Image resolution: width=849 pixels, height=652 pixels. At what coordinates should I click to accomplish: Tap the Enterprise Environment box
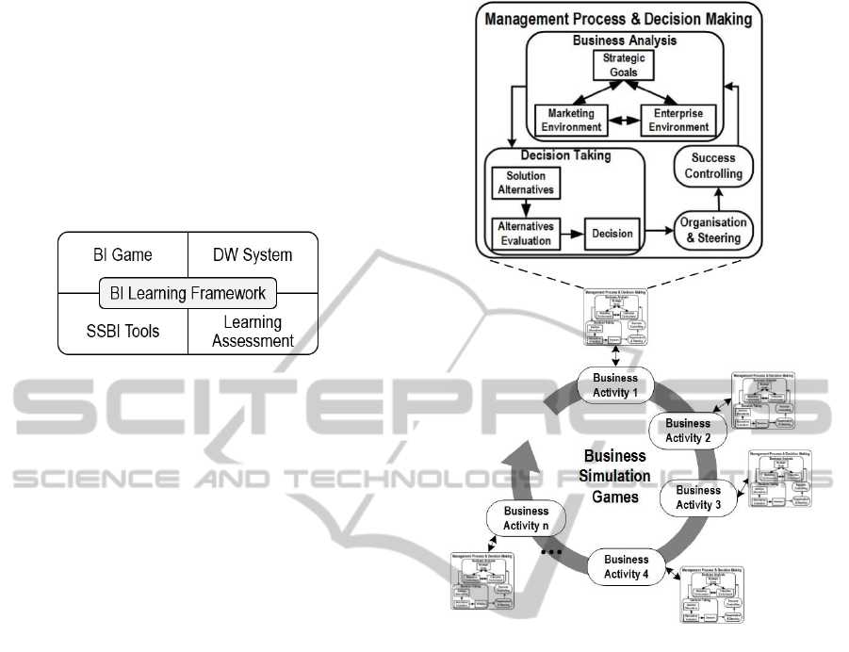676,120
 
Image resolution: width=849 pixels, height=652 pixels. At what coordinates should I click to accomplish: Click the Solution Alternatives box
526,184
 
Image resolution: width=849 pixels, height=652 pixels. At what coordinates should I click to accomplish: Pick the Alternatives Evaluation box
526,232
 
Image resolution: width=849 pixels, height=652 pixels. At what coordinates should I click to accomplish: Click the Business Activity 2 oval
688,431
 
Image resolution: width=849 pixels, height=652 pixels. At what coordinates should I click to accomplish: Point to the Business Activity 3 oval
698,497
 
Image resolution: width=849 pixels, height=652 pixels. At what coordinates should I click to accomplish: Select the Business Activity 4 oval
627,565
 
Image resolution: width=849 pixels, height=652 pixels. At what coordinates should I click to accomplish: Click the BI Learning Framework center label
188,294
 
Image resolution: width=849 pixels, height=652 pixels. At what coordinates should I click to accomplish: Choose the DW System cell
253,255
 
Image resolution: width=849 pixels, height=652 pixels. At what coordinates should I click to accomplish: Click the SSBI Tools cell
122,331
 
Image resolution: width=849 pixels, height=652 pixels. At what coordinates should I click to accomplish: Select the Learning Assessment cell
253,331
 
